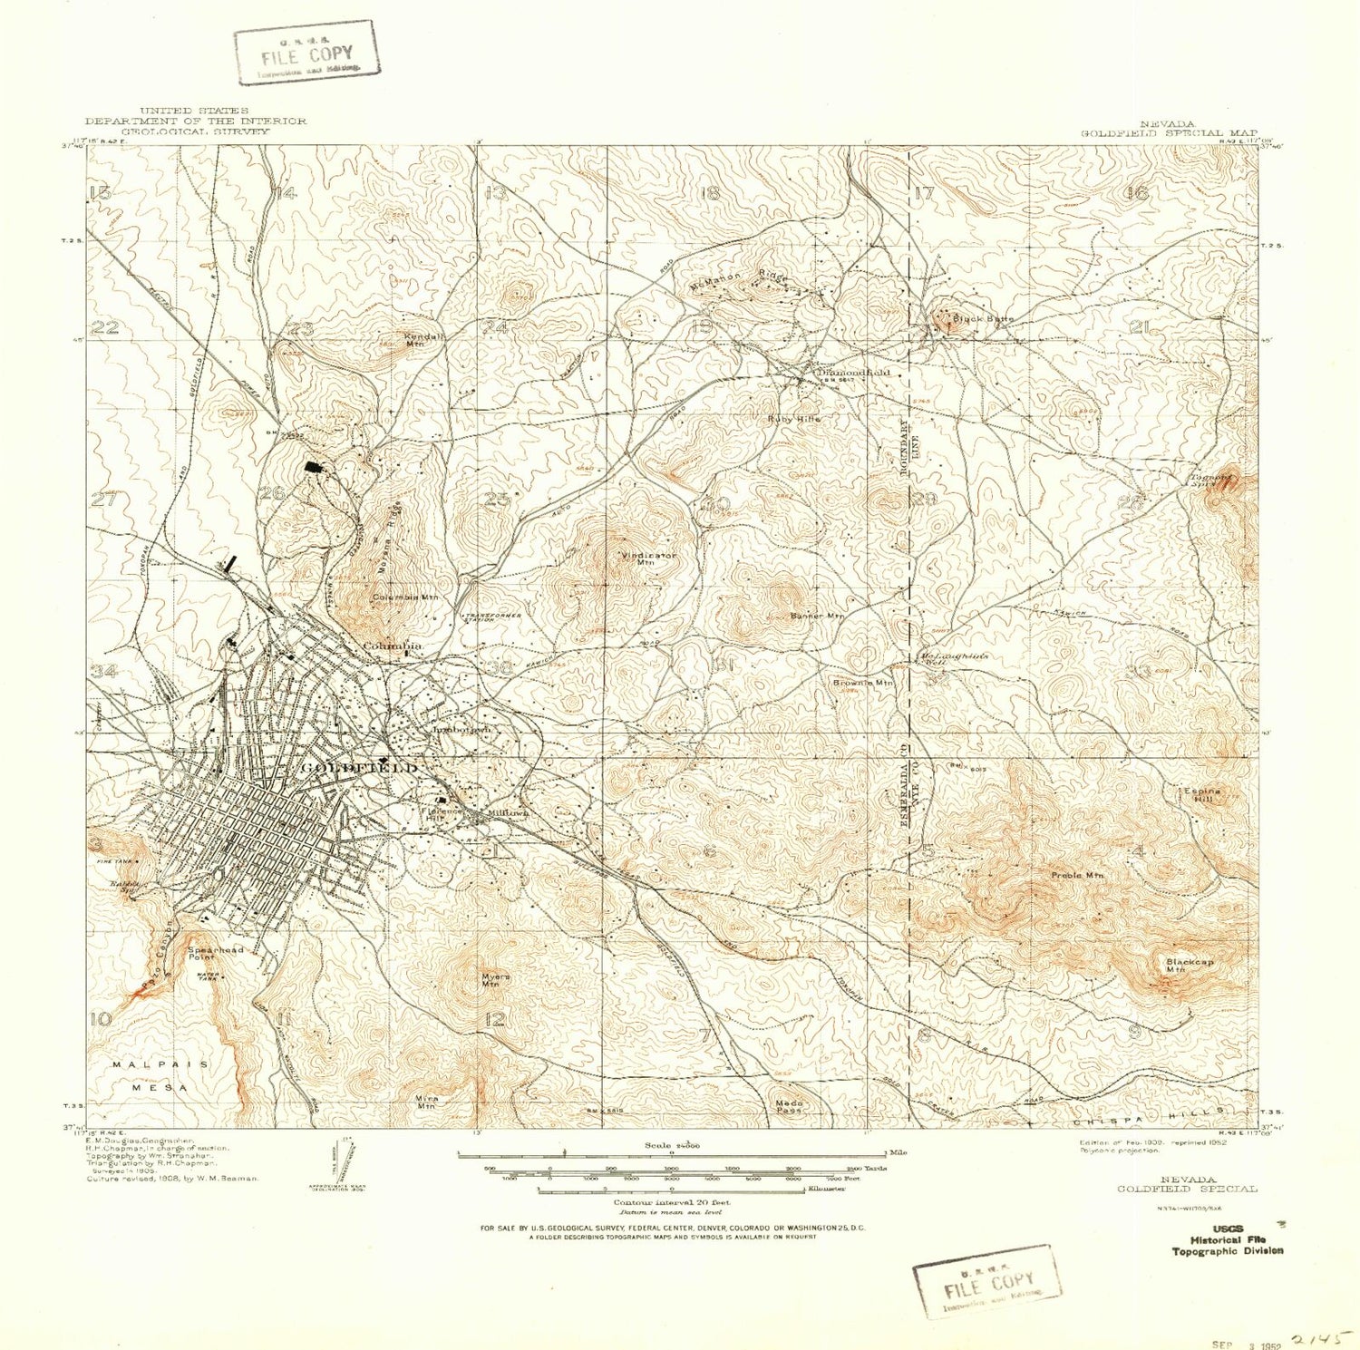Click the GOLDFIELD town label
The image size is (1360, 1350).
[x=358, y=768]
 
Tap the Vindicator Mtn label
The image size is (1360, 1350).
[x=647, y=558]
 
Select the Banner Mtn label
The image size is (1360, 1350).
[x=817, y=616]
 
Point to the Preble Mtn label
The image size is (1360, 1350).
[x=1077, y=875]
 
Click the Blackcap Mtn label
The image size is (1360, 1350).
[x=1189, y=965]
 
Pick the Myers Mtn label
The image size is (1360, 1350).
[x=495, y=980]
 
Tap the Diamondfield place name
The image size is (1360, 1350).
[x=853, y=372]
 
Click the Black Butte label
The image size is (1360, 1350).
[x=983, y=319]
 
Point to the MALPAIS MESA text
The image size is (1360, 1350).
[x=160, y=1075]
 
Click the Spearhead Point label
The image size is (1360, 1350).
[x=215, y=953]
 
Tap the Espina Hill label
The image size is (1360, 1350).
[x=1202, y=795]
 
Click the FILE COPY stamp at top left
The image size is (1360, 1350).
[x=306, y=53]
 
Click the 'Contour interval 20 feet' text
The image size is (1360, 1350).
[x=671, y=1202]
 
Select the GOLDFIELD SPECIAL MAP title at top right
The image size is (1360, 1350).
[x=1168, y=129]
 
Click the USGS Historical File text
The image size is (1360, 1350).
[x=1228, y=1240]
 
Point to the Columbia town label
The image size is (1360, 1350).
[x=393, y=646]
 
